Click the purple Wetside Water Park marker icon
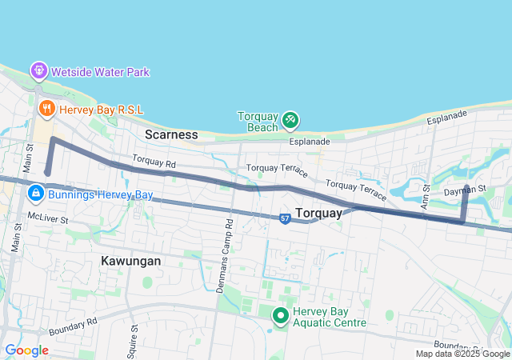[38, 71]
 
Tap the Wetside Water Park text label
[100, 72]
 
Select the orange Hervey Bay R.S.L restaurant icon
[46, 106]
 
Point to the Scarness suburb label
[171, 134]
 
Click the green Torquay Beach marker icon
[290, 121]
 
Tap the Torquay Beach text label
[258, 121]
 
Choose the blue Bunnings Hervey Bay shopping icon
[35, 194]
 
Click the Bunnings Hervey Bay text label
[100, 195]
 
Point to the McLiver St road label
[48, 218]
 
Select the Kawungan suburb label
[131, 261]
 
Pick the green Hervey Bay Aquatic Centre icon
[281, 316]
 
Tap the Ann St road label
[426, 191]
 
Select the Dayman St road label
[466, 189]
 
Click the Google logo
[26, 350]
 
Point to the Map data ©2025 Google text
[462, 354]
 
